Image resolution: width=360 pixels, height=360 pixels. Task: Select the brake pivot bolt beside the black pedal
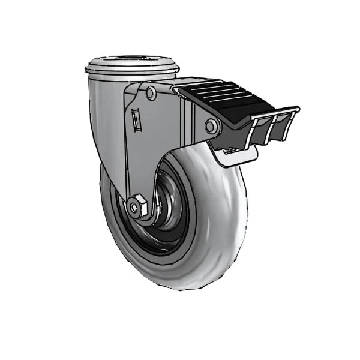pyautogui.click(x=211, y=126)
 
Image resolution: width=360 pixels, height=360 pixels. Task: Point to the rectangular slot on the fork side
pyautogui.click(x=136, y=120)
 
